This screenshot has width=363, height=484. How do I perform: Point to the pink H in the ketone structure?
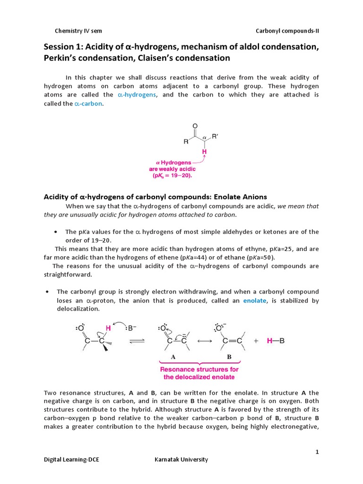[205, 152]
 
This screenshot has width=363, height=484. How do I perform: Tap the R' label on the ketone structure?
[215, 137]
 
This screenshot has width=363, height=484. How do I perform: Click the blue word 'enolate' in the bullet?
[255, 301]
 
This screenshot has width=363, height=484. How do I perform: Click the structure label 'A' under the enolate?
[173, 357]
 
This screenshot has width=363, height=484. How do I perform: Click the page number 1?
[318, 452]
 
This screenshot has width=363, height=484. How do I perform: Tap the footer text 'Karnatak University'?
[181, 459]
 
